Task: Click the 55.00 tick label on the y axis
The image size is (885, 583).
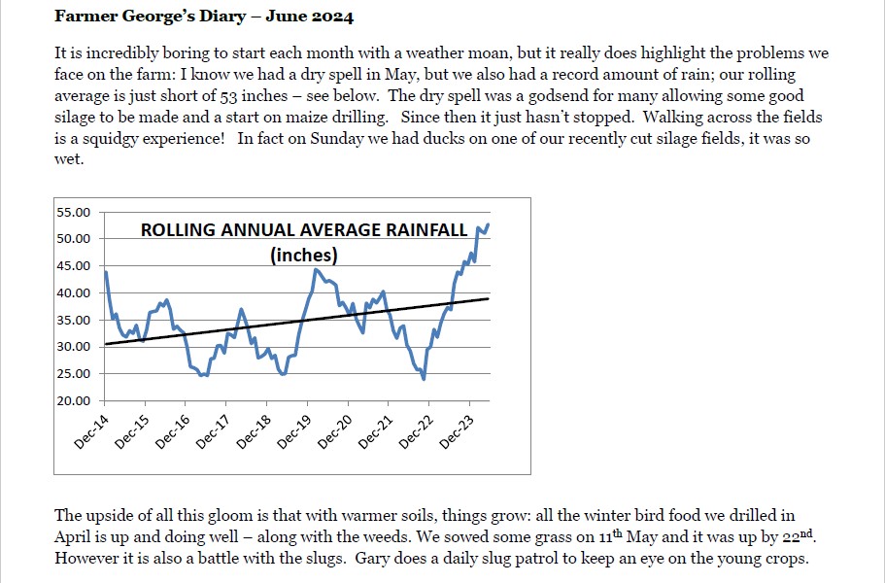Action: [74, 212]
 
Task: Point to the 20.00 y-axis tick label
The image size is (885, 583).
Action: [74, 400]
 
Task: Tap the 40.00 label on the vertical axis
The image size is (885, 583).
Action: [74, 292]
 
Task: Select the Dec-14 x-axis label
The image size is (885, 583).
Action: [91, 432]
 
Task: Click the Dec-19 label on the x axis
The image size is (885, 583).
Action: [294, 432]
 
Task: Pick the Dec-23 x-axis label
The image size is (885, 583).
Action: [456, 432]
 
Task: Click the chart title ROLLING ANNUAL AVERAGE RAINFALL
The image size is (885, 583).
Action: [304, 230]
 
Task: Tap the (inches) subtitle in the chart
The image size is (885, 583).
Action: [304, 256]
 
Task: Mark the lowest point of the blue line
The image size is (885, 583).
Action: [424, 379]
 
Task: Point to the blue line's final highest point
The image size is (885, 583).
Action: [488, 224]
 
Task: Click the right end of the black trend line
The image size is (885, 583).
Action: [489, 298]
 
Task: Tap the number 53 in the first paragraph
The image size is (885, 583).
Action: [228, 96]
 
